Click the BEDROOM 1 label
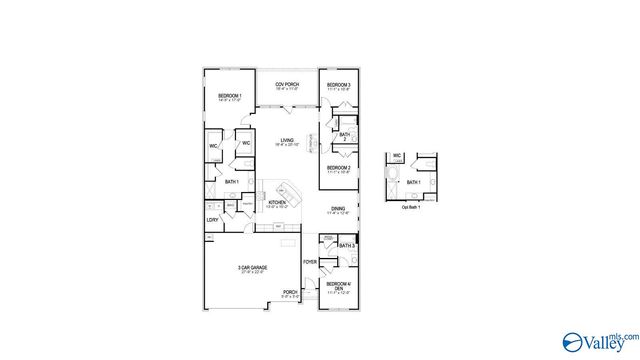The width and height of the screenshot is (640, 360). point(229,96)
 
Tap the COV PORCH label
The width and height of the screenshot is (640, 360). point(286,84)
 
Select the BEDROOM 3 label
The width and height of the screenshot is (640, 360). point(337,86)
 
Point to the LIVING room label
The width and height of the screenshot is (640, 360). point(284,141)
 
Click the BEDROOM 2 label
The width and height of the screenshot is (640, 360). point(337,167)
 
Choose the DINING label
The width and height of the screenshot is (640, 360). point(338,209)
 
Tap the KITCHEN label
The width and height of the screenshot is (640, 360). point(277,202)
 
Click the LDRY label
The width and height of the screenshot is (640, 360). point(212,219)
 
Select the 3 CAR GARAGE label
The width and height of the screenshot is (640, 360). point(251,268)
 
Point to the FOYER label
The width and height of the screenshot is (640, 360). point(310,261)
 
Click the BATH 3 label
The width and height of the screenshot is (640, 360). point(346,245)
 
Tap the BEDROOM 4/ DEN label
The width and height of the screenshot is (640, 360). point(337,287)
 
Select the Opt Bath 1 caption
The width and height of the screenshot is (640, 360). point(411,207)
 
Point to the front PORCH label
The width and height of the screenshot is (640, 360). point(289,292)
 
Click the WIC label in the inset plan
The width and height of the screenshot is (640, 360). point(397,156)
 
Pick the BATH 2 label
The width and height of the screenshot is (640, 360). point(344,136)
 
